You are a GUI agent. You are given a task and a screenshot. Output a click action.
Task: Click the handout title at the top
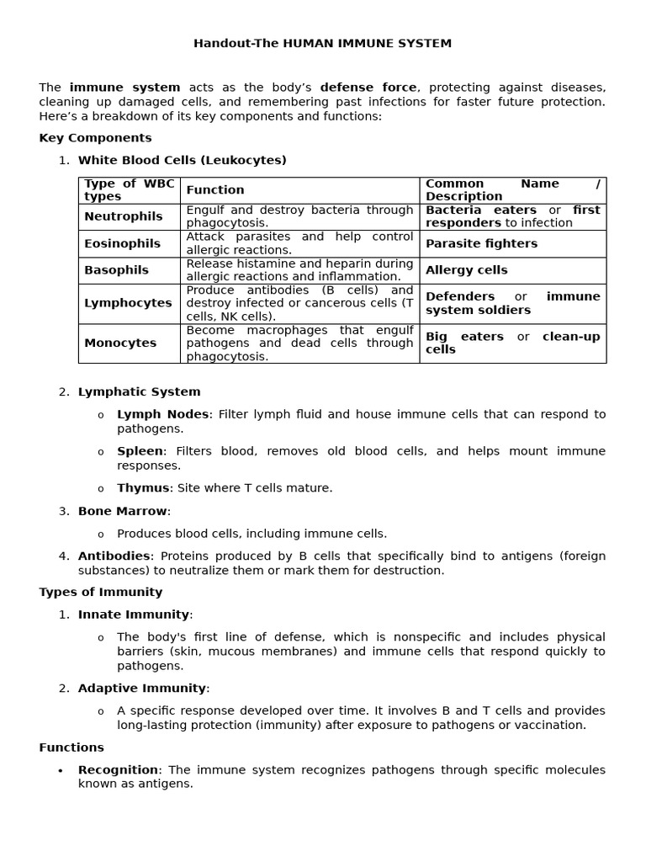[x=322, y=43]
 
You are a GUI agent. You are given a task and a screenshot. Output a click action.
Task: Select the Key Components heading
[x=95, y=137]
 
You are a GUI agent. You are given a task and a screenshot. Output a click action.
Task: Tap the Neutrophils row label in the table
[x=123, y=216]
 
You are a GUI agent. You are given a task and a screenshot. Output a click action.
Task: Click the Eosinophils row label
[x=122, y=243]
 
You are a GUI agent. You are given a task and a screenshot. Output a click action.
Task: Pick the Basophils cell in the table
[x=116, y=270]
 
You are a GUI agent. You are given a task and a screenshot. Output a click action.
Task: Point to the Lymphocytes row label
[x=128, y=303]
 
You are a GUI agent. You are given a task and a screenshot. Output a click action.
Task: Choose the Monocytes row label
[x=120, y=343]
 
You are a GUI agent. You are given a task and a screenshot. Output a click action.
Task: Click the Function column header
[x=215, y=190]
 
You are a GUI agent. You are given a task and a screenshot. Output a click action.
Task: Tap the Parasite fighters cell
[x=481, y=243]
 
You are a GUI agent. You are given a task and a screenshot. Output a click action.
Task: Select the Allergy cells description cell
[x=466, y=270]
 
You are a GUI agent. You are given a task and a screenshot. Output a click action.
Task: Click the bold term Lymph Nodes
[x=162, y=414]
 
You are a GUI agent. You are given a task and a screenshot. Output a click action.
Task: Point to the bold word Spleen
[x=140, y=451]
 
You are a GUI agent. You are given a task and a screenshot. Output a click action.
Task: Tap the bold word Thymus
[x=143, y=488]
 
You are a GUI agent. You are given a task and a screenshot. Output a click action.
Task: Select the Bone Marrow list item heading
[x=123, y=511]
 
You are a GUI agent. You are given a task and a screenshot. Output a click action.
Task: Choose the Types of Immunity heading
[x=101, y=592]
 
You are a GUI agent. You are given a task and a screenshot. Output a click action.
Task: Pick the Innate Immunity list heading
[x=134, y=615]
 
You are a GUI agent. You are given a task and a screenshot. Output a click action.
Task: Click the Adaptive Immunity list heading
[x=142, y=688]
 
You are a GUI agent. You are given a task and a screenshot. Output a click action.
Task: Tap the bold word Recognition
[x=118, y=769]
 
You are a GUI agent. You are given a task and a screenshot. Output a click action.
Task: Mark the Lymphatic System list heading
[x=139, y=391]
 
